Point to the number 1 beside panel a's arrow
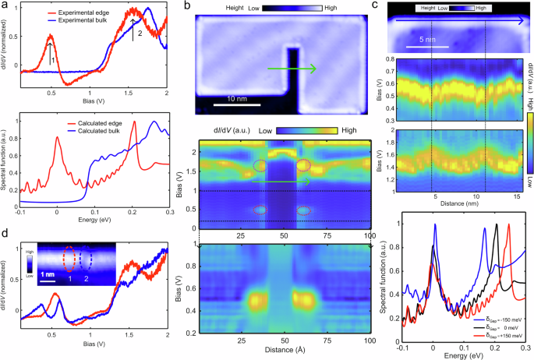coord(51,59)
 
